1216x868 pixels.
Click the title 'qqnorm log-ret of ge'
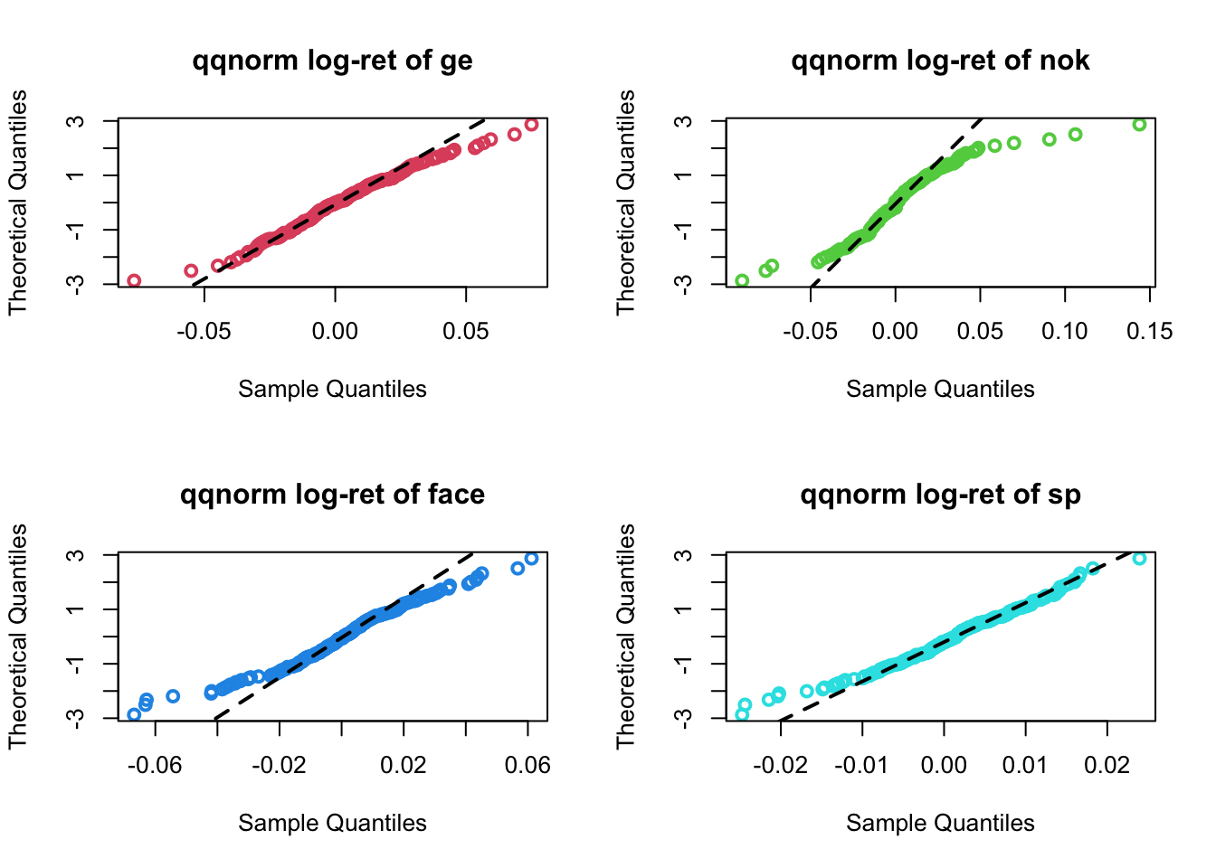click(332, 61)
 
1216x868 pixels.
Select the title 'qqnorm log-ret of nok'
click(940, 61)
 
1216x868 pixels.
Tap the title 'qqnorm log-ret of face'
click(332, 495)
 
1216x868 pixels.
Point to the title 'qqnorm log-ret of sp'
click(940, 495)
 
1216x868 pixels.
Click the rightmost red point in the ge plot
click(531, 125)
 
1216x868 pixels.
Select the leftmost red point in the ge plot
click(134, 280)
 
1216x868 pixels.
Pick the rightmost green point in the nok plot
click(1139, 125)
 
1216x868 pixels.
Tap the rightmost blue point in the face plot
click(531, 559)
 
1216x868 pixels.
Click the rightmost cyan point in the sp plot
click(1139, 559)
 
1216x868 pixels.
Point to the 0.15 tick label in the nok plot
click(1150, 332)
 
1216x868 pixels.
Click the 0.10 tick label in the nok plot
click(1065, 332)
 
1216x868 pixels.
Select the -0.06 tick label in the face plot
click(154, 766)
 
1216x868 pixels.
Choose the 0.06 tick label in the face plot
click(527, 766)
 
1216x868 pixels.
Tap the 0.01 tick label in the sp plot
click(1025, 766)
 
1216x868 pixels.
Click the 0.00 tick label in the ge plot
click(335, 332)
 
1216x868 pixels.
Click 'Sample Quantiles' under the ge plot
click(332, 390)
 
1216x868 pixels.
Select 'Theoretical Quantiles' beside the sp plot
click(626, 636)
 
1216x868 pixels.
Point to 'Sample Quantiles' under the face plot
click(332, 824)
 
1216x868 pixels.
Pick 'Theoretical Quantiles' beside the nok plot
click(626, 202)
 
